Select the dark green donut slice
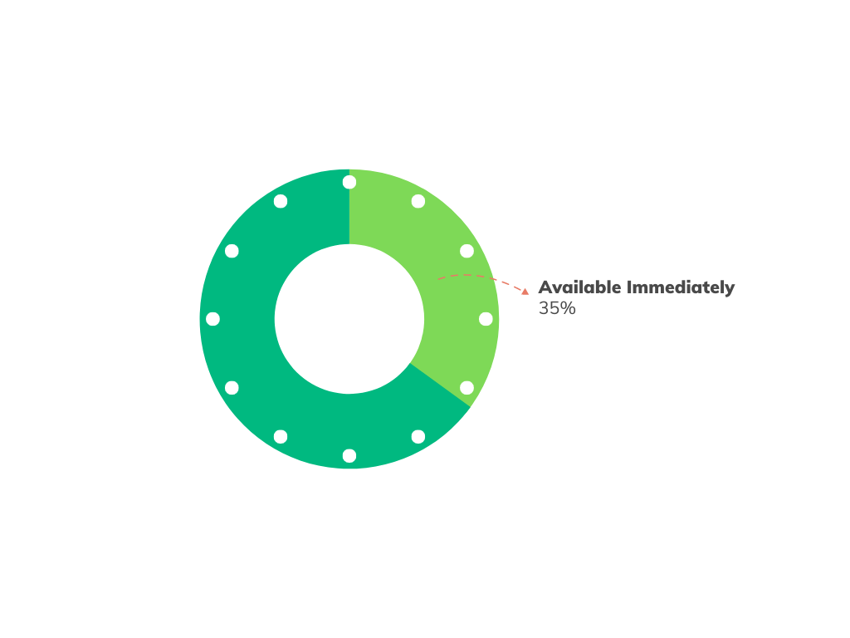point(249,357)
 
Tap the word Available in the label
point(579,287)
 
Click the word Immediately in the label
point(681,287)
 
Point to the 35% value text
point(557,308)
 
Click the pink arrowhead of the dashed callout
point(525,291)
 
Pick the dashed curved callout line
point(477,276)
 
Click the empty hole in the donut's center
point(349,319)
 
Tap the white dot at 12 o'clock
point(349,182)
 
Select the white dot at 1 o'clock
point(418,201)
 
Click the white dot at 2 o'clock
point(467,251)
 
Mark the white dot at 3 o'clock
point(486,319)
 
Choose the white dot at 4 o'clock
point(467,388)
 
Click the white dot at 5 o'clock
point(418,437)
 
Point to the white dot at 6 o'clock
point(349,456)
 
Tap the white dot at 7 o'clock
point(281,437)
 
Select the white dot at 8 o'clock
point(232,388)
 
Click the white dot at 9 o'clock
point(212,319)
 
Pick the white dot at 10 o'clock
point(232,251)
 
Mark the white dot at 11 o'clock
point(281,201)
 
